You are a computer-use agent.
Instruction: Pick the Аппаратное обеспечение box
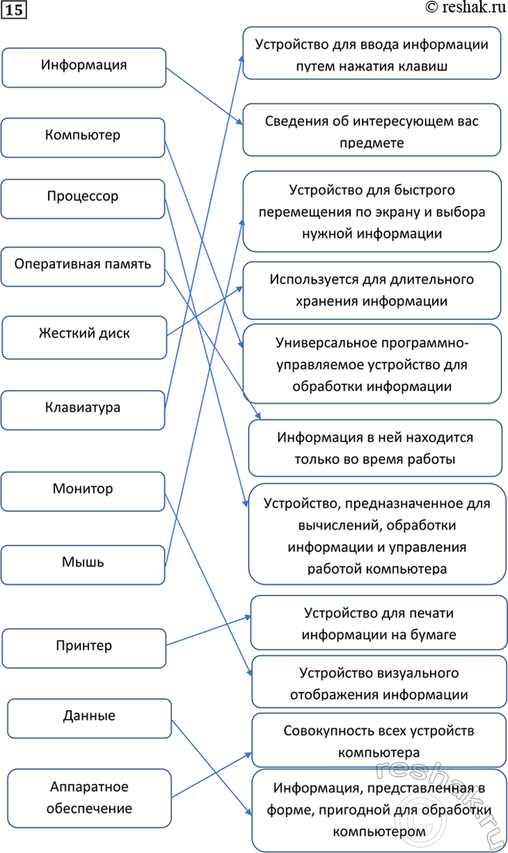(x=89, y=798)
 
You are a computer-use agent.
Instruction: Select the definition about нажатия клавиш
(x=372, y=54)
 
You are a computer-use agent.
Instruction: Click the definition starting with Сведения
(x=372, y=131)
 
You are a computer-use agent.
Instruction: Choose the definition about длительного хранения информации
(x=372, y=290)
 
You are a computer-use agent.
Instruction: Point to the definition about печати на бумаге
(x=379, y=623)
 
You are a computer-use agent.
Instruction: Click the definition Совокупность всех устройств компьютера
(x=379, y=741)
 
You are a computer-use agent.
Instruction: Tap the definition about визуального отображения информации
(x=379, y=683)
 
